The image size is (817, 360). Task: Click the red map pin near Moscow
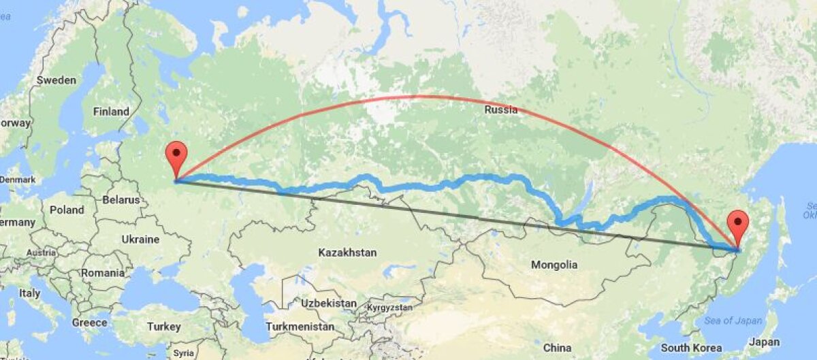pyautogui.click(x=176, y=155)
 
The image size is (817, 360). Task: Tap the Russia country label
pyautogui.click(x=500, y=110)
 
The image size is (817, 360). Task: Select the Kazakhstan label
pyautogui.click(x=347, y=252)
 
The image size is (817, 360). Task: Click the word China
pyautogui.click(x=558, y=348)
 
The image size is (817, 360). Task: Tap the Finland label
pyautogui.click(x=112, y=111)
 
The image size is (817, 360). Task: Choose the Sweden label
pyautogui.click(x=56, y=80)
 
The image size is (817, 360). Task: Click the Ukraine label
pyautogui.click(x=140, y=240)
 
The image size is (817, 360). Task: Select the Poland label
pyautogui.click(x=66, y=210)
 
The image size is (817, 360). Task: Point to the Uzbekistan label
pyautogui.click(x=329, y=303)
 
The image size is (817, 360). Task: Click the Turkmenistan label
pyautogui.click(x=300, y=327)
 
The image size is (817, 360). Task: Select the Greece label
pyautogui.click(x=89, y=322)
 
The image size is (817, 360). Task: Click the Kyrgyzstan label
pyautogui.click(x=389, y=308)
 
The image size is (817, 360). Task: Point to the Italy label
pyautogui.click(x=29, y=293)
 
